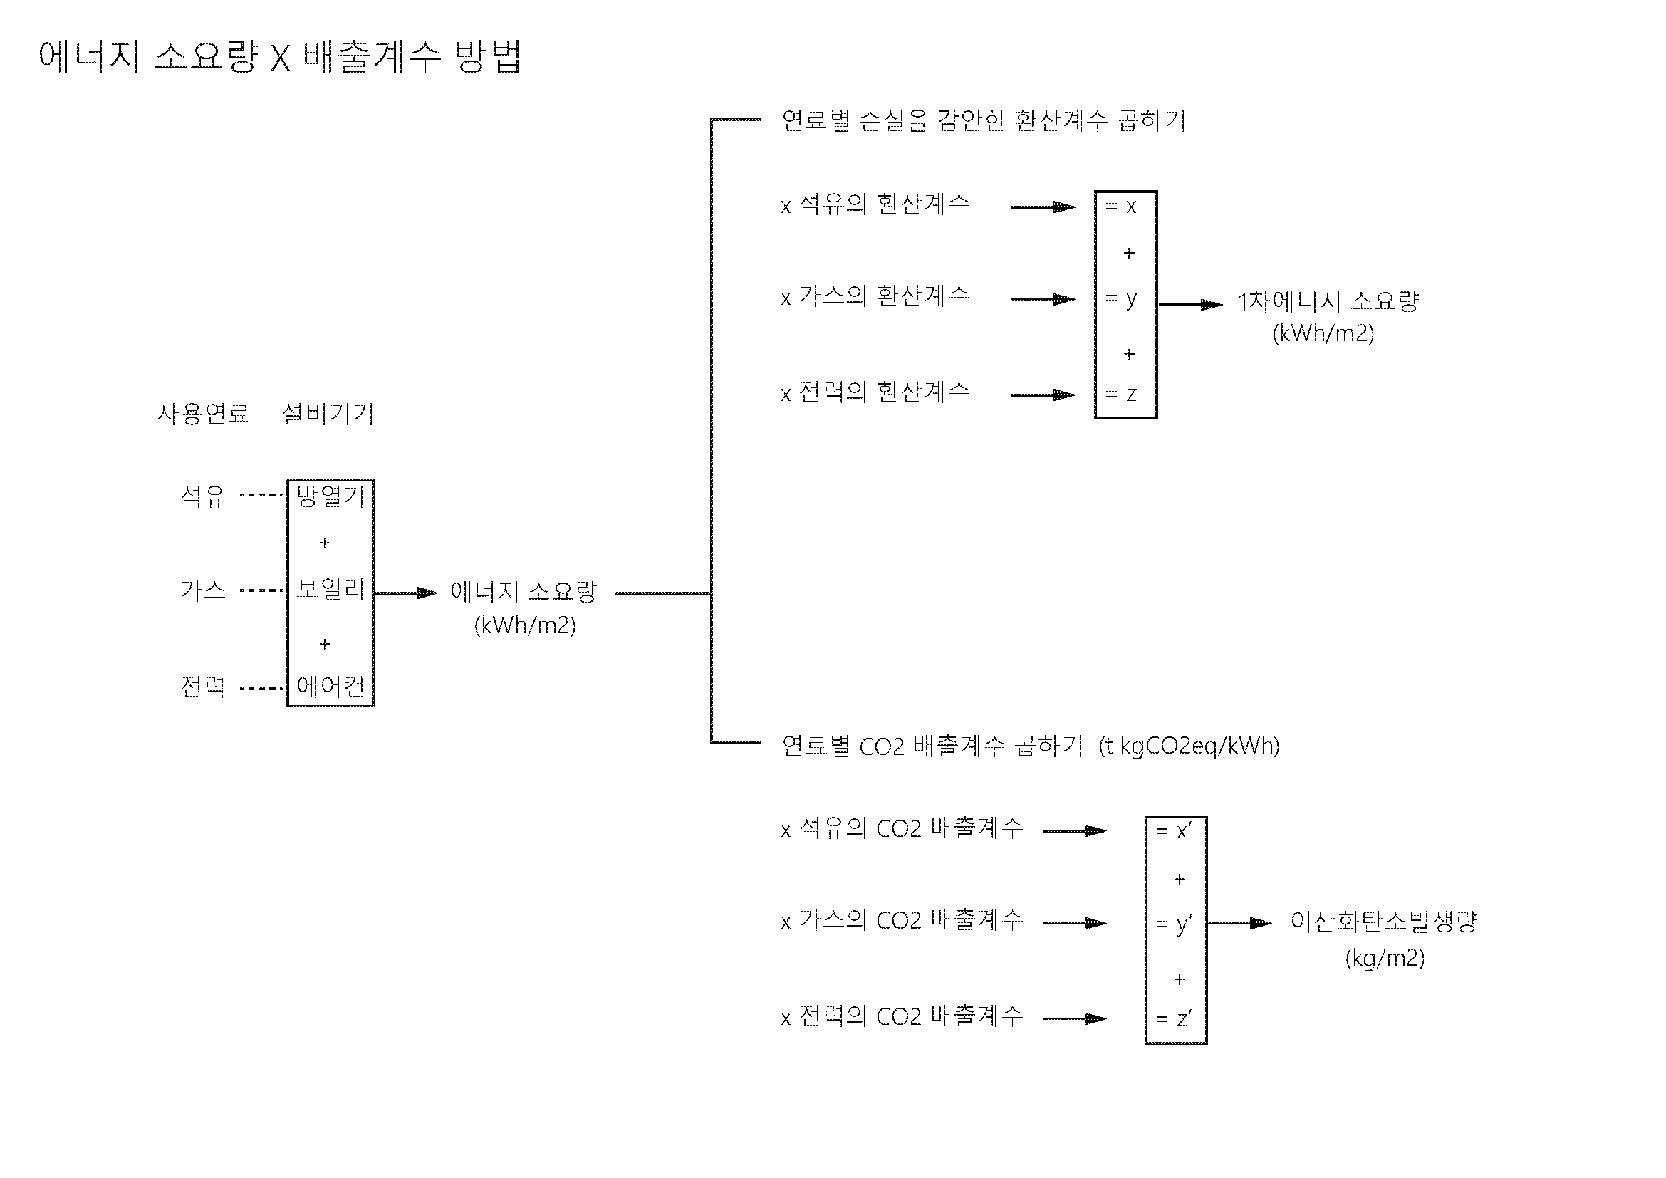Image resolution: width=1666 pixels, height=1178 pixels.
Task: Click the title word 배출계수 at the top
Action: pyautogui.click(x=372, y=56)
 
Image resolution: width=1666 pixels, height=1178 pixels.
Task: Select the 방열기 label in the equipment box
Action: pyautogui.click(x=330, y=496)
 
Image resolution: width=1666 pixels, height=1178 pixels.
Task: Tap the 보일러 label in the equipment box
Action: pyautogui.click(x=330, y=589)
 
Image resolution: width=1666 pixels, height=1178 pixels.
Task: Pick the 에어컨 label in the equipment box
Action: pyautogui.click(x=330, y=686)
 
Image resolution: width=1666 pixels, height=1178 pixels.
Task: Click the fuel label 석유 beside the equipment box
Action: pyautogui.click(x=203, y=496)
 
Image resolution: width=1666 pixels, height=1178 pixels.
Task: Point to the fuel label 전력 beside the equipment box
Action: pyautogui.click(x=203, y=686)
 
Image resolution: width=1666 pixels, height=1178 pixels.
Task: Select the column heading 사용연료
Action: pyautogui.click(x=203, y=415)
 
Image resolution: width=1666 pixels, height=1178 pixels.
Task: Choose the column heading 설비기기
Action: pyautogui.click(x=328, y=415)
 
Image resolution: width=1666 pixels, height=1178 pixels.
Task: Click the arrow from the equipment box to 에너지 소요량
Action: pyautogui.click(x=406, y=593)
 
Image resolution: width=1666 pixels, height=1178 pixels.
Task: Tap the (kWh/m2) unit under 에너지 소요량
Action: pyautogui.click(x=525, y=625)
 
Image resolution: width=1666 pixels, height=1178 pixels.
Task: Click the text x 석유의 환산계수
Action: pyautogui.click(x=875, y=204)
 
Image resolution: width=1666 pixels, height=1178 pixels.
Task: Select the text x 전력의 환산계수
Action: pyautogui.click(x=875, y=393)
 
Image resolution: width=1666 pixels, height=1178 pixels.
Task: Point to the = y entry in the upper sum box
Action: pyautogui.click(x=1121, y=298)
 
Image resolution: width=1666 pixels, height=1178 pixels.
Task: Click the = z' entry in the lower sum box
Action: pyautogui.click(x=1173, y=1019)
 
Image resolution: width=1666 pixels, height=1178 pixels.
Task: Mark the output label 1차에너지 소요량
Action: pyautogui.click(x=1328, y=301)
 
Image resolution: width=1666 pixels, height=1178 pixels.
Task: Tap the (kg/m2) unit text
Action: pyautogui.click(x=1385, y=958)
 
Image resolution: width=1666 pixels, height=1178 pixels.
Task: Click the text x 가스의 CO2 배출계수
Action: pyautogui.click(x=902, y=921)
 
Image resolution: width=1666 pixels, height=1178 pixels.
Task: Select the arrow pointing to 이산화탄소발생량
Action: pyautogui.click(x=1239, y=924)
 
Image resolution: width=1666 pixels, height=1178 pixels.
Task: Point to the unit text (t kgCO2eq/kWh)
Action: pyautogui.click(x=1189, y=746)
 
